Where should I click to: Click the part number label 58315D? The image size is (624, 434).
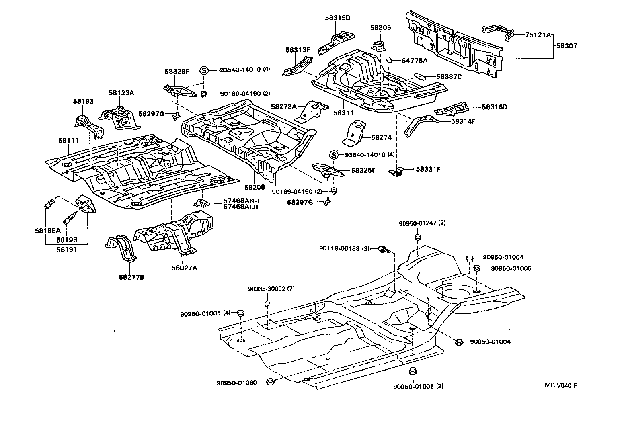pos(338,18)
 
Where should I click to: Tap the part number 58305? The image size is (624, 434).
pos(380,28)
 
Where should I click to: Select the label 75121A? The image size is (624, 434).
pos(538,35)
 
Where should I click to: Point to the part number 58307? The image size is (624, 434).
pos(567,46)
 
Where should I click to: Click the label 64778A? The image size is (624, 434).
pos(415,61)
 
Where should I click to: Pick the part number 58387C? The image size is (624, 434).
pos(449,76)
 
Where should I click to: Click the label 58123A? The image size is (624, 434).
pos(121,93)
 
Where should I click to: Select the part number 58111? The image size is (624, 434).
pos(68,140)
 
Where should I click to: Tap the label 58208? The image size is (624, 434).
pos(255,187)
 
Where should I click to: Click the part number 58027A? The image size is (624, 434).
pos(184,268)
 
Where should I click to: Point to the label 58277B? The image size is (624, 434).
pos(131,277)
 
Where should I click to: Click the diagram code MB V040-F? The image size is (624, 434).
pos(561,385)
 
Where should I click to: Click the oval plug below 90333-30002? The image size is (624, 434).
pos(267,303)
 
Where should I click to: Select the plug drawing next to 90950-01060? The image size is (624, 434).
pos(271,381)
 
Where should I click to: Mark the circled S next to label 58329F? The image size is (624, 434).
pos(204,70)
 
